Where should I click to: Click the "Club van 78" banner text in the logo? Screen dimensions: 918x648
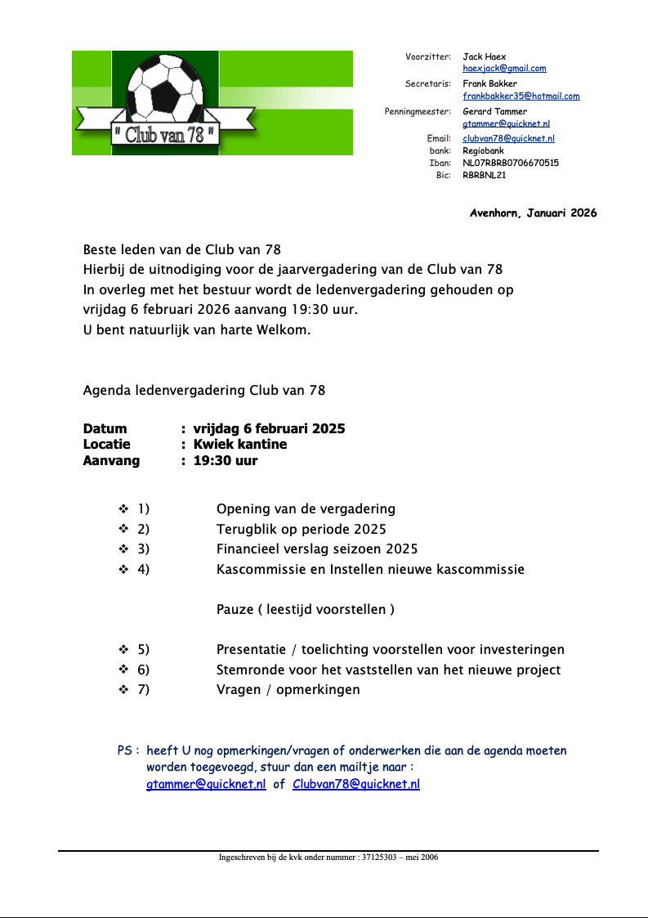167,134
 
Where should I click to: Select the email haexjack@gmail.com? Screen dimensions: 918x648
504,69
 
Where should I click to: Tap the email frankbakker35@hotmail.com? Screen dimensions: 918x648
521,96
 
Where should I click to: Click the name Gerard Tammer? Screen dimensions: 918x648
494,111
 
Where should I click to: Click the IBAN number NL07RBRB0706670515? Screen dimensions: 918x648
511,163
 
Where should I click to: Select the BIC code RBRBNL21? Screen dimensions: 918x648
485,175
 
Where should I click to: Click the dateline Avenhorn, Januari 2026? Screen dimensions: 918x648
533,213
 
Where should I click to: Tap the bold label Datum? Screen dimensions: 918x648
105,429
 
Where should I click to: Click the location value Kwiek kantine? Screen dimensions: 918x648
239,445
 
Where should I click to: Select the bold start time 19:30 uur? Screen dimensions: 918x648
225,460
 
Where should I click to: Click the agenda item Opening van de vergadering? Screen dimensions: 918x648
306,509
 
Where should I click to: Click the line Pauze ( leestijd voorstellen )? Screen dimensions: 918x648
306,610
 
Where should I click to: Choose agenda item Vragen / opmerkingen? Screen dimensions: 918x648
288,690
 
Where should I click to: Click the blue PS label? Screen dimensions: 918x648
128,750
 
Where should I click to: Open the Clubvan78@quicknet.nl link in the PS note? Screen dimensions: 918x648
355,785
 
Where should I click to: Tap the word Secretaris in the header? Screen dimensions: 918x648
427,83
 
